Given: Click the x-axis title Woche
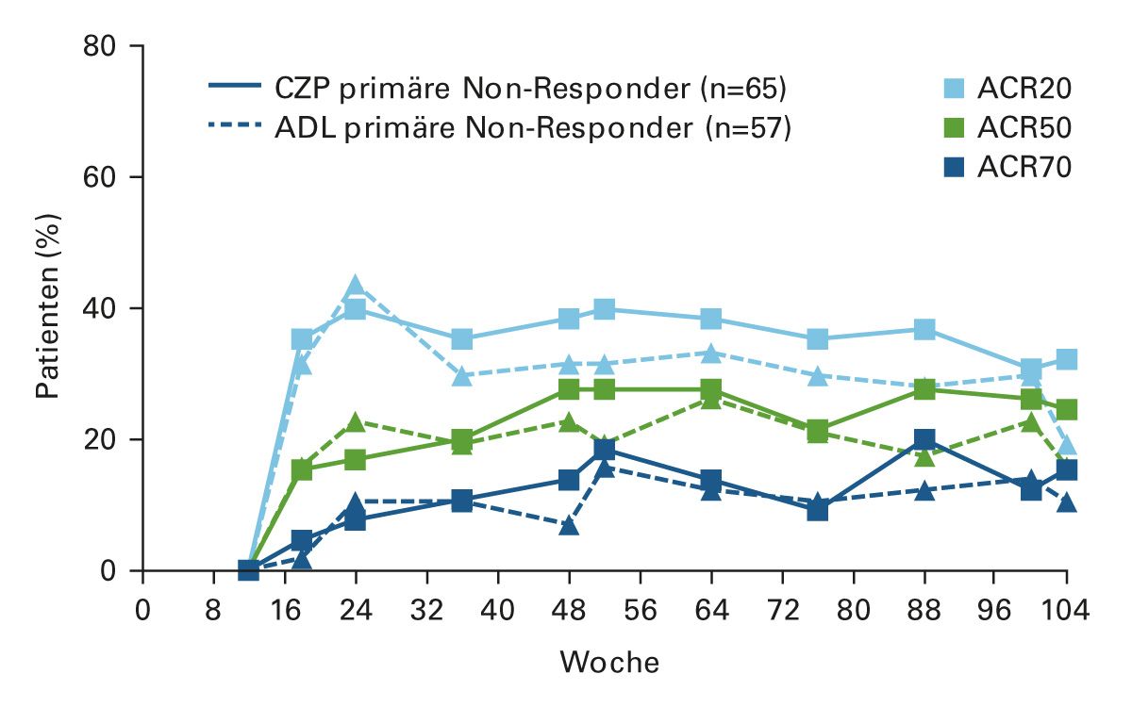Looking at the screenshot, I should [609, 662].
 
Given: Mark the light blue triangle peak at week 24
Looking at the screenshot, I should [356, 285].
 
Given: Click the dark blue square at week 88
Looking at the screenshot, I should [924, 440].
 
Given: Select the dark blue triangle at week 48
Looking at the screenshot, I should [569, 524].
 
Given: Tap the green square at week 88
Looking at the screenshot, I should [924, 389].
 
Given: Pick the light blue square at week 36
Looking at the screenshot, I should [462, 339].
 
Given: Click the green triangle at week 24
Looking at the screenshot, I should [356, 421].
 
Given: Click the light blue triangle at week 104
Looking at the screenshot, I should [1067, 444].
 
